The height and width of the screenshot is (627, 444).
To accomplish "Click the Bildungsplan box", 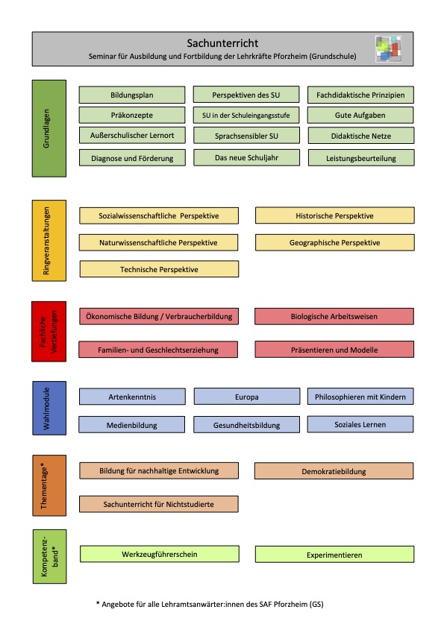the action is coord(132,95).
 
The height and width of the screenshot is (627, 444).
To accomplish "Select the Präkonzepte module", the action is coord(132,115).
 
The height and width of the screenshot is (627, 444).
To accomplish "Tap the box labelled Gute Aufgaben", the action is coord(360,115).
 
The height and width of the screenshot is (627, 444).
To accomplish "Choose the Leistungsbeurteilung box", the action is coord(361,158).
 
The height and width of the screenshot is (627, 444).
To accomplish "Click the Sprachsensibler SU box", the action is coord(246,136).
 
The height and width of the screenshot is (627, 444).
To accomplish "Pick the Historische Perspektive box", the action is coord(335,215).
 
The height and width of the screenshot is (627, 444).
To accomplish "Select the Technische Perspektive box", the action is coord(159,269).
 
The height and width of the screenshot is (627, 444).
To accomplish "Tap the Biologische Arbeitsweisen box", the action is coord(334,316).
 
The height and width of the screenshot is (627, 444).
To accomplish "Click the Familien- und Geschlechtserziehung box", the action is coord(158,350).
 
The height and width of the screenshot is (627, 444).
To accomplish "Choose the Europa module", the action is coord(246,397).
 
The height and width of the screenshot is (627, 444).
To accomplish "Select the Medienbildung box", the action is coord(132,425).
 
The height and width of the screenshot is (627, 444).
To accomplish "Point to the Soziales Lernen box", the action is coord(360,424).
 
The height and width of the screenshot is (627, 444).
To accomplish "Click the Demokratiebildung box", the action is coord(334,471).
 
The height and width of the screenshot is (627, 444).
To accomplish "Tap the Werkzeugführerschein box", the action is coord(160,554).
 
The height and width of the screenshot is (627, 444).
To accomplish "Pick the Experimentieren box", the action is coord(335,555).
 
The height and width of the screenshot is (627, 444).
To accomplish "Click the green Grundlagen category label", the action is coord(49,128).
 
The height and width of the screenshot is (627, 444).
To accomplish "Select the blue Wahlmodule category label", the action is coord(49,408).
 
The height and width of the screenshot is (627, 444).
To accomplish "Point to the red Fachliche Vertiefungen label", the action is coord(49,332).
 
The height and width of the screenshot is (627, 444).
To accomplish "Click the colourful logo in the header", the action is coord(388,48).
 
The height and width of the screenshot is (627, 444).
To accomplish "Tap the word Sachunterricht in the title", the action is coord(222,43).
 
